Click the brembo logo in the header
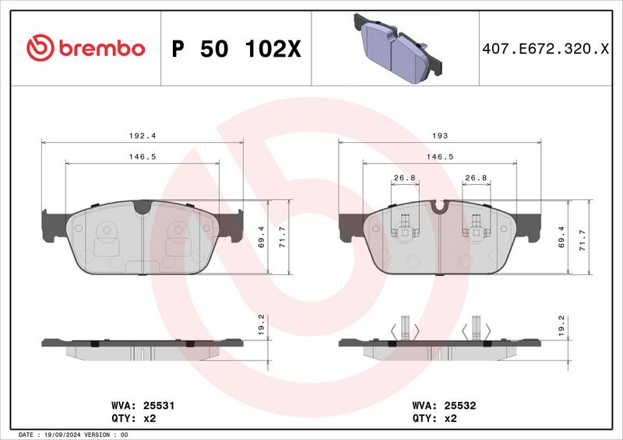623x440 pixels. click(x=86, y=47)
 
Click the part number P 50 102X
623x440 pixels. click(x=237, y=49)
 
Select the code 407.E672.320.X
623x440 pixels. click(x=546, y=49)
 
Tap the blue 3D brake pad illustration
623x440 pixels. click(x=398, y=48)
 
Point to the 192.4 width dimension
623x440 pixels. click(x=143, y=136)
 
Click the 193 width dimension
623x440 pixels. click(x=440, y=136)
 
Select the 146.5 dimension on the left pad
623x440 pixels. click(x=143, y=157)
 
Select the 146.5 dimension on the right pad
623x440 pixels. click(x=440, y=157)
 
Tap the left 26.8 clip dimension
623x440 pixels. click(x=404, y=178)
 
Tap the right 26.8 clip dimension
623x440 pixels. click(x=476, y=178)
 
